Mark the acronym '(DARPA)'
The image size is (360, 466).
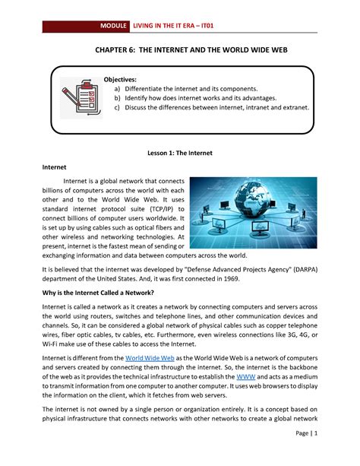pyautogui.click(x=302, y=268)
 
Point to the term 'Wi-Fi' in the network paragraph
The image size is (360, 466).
pyautogui.click(x=50, y=346)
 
